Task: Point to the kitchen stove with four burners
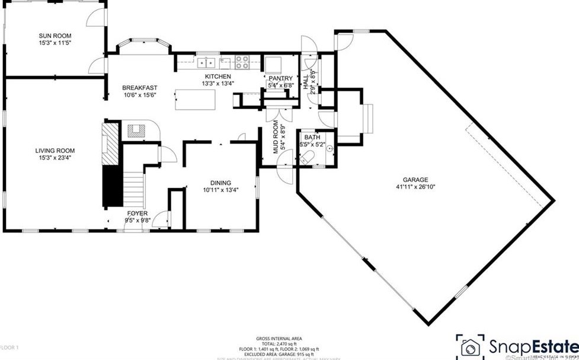pyautogui.click(x=242, y=62)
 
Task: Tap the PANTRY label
pyautogui.click(x=280, y=78)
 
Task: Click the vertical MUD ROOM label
pyautogui.click(x=276, y=138)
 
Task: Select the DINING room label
pyautogui.click(x=220, y=183)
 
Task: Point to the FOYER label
pyautogui.click(x=137, y=213)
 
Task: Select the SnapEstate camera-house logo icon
pyautogui.click(x=471, y=347)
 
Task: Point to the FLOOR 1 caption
pyautogui.click(x=9, y=347)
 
